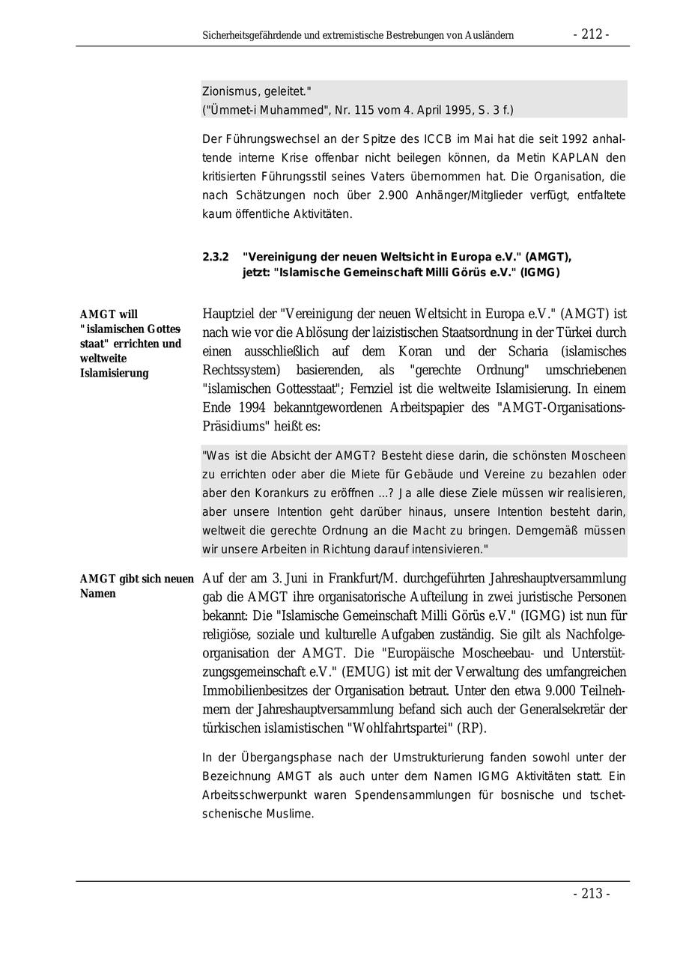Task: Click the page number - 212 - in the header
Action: point(591,34)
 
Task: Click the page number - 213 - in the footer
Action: point(591,893)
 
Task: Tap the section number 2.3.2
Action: point(216,257)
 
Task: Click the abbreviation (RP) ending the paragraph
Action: point(469,728)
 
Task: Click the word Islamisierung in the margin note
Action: point(114,373)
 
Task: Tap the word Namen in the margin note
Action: point(98,594)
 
